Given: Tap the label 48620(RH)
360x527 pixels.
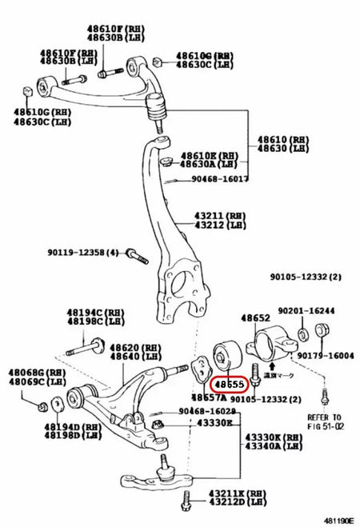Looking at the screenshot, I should pos(134,347).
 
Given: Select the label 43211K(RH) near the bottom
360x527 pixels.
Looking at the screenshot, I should pos(223,493).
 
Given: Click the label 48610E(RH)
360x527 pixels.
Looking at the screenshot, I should pos(207,154).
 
